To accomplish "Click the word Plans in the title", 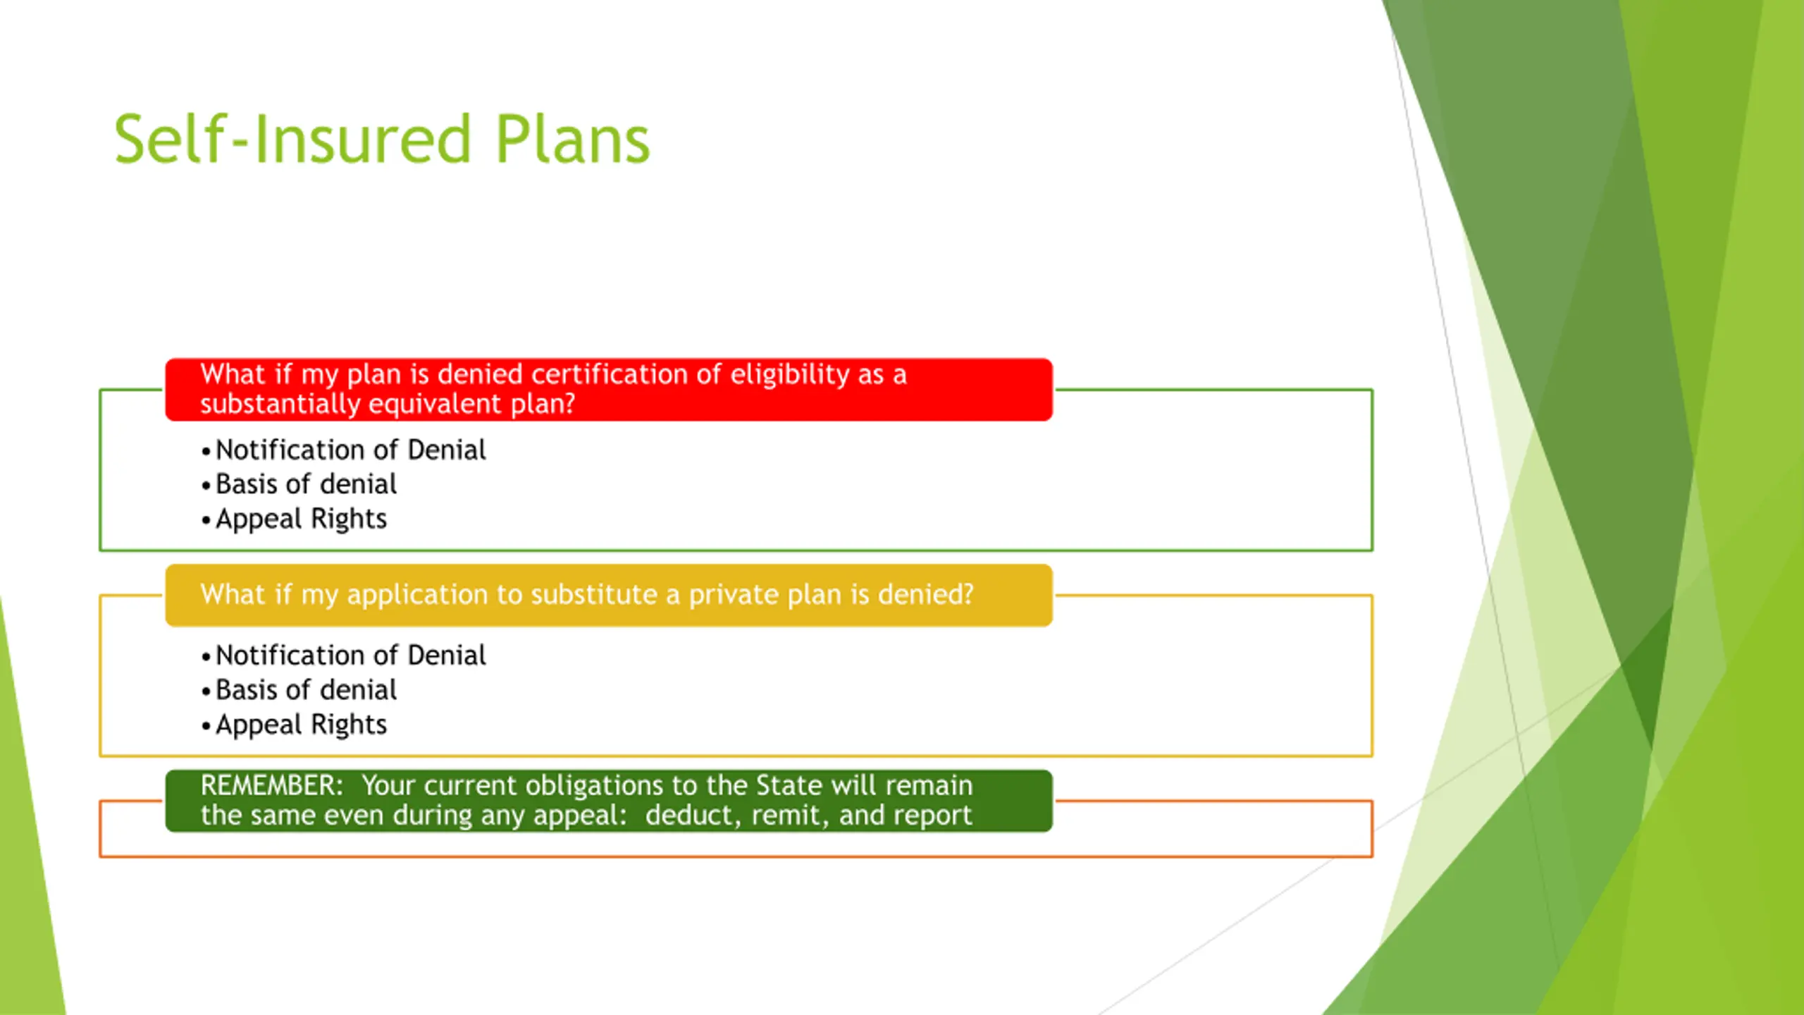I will pyautogui.click(x=572, y=140).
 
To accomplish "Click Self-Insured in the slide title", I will pyautogui.click(x=292, y=140).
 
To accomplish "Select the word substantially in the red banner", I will pyautogui.click(x=280, y=404).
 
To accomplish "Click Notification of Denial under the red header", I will pyautogui.click(x=350, y=450).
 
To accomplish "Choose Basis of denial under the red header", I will pyautogui.click(x=306, y=484).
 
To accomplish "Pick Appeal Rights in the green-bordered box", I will pyautogui.click(x=301, y=519).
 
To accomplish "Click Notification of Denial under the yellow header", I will pyautogui.click(x=350, y=656).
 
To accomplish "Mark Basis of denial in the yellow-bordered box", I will pyautogui.click(x=306, y=690).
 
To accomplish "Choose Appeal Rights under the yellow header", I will pyautogui.click(x=301, y=725).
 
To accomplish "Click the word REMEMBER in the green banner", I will pyautogui.click(x=271, y=785).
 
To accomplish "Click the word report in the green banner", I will pyautogui.click(x=932, y=816).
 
